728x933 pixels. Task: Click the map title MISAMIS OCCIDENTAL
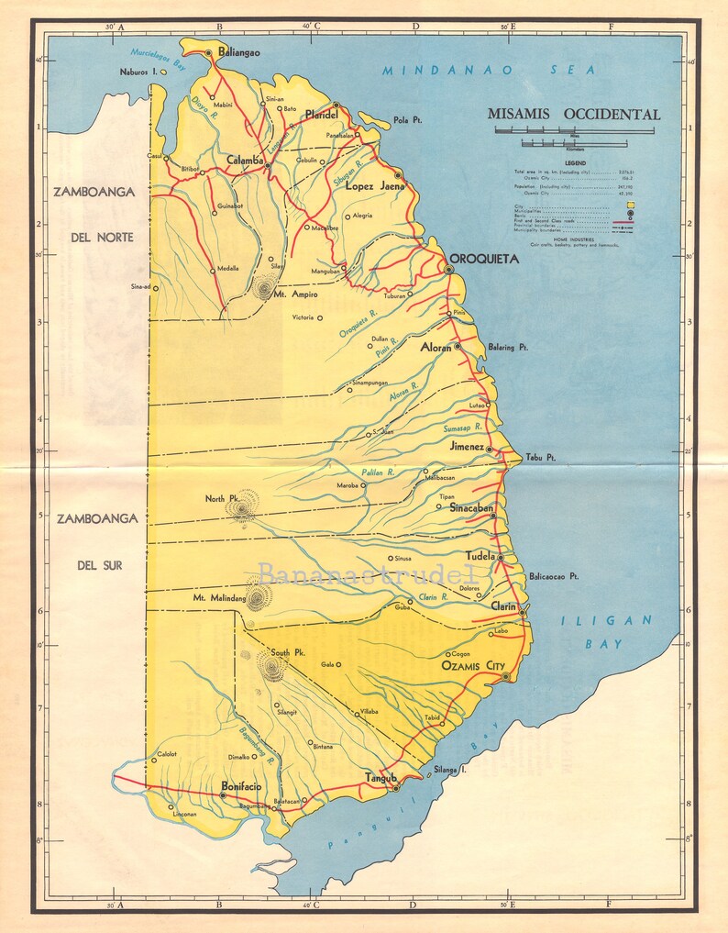(574, 115)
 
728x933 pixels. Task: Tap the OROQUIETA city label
(483, 259)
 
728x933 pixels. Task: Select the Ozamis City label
(473, 665)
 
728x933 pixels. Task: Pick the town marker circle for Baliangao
(209, 53)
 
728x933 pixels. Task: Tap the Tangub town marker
(395, 787)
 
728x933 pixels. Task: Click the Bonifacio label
(241, 786)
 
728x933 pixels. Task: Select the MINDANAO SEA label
(489, 70)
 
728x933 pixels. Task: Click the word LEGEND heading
(576, 162)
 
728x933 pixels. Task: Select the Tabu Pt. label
(541, 458)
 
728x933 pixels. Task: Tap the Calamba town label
(246, 159)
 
